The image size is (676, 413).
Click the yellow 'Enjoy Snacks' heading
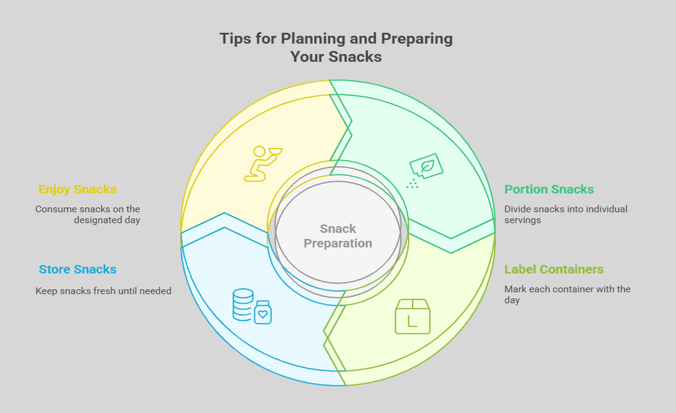coord(77,189)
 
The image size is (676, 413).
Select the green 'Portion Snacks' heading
coord(549,189)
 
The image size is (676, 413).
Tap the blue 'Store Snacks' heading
coord(77,269)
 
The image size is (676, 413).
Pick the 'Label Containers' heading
coord(554,269)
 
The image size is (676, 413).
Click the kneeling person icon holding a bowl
coord(262,164)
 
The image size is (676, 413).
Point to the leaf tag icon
coord(427,166)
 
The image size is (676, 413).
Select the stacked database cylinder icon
coord(243,305)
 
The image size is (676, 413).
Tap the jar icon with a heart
coord(262,313)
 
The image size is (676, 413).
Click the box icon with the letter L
coord(413,316)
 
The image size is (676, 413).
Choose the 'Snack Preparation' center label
coord(338,236)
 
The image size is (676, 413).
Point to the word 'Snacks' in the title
coord(355,56)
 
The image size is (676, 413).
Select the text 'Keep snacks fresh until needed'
coord(103,291)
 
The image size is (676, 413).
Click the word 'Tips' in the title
coord(235,38)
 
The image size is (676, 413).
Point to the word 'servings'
coord(522,221)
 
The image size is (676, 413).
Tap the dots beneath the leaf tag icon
coord(412,184)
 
